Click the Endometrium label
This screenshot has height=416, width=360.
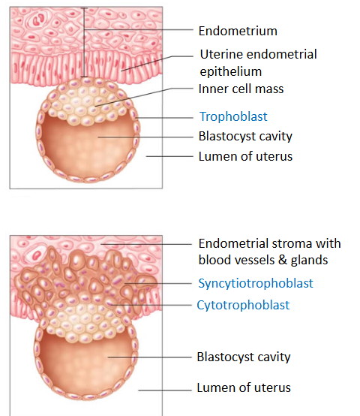click(238, 31)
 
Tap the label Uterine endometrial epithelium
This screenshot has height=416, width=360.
click(258, 63)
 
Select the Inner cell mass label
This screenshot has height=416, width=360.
click(241, 89)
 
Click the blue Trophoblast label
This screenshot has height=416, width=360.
click(233, 116)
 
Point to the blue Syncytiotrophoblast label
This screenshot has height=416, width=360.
click(256, 283)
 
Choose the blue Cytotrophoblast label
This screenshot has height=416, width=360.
click(243, 305)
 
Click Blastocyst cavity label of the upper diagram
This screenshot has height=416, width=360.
click(245, 137)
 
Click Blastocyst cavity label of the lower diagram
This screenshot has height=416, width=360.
click(244, 357)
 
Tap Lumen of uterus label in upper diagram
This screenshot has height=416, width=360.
click(245, 156)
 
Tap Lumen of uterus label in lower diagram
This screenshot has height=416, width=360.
click(244, 388)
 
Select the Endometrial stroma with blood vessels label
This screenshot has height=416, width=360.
click(270, 252)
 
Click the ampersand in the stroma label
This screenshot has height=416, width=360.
click(283, 260)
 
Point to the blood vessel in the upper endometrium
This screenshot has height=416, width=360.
click(39, 20)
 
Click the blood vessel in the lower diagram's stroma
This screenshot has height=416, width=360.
click(36, 255)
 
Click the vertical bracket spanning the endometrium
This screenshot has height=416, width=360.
click(84, 43)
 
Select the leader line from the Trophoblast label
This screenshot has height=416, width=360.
click(164, 118)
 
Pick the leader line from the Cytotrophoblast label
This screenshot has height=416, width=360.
click(151, 305)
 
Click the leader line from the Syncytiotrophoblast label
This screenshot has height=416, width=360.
click(158, 283)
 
